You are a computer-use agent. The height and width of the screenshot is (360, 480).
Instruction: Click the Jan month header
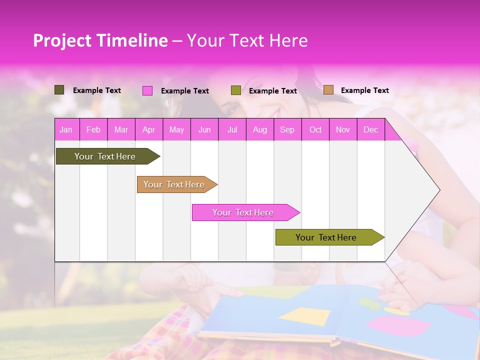(x=66, y=130)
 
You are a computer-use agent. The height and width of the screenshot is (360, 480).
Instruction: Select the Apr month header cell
(x=149, y=130)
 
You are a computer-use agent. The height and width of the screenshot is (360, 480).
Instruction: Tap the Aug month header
(x=260, y=130)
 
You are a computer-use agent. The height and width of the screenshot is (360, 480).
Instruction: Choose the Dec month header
(x=371, y=130)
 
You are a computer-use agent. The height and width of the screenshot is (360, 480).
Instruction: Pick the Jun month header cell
(x=204, y=130)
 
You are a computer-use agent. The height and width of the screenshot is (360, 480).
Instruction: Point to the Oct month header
(x=315, y=130)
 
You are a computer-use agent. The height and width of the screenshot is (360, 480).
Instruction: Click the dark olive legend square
(x=59, y=90)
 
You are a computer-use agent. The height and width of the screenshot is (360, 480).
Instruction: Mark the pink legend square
(x=147, y=90)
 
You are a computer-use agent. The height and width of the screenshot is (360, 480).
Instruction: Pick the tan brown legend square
(x=328, y=90)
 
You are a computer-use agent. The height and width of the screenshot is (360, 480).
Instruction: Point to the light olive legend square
(x=236, y=90)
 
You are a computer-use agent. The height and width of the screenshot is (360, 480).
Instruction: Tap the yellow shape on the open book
(x=304, y=316)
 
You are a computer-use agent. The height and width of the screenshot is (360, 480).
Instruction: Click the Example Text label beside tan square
(x=364, y=90)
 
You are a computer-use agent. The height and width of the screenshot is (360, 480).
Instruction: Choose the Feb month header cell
(x=93, y=130)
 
